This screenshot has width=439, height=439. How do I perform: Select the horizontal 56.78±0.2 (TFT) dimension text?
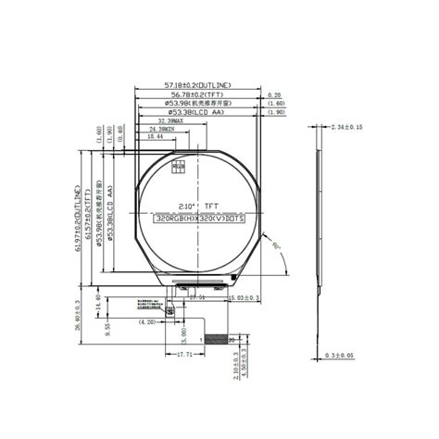(195, 94)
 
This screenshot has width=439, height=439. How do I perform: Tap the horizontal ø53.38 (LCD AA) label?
(195, 112)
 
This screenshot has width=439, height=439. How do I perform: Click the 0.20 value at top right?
(274, 94)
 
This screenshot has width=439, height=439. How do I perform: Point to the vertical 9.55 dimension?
(107, 326)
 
